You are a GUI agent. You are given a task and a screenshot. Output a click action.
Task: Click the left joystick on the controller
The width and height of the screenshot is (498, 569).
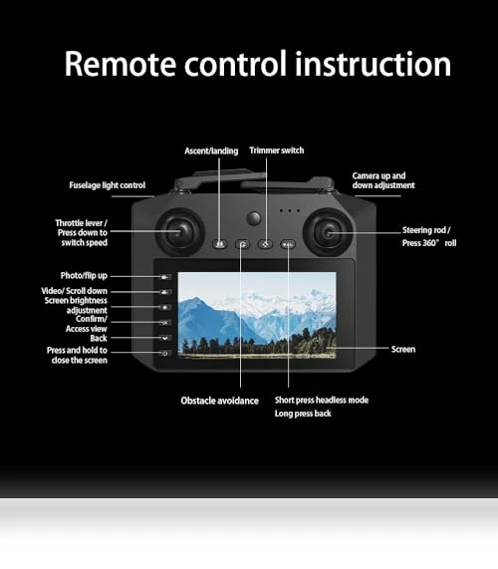pos(180,232)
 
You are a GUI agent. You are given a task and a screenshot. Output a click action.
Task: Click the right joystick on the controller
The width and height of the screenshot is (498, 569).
pos(329,232)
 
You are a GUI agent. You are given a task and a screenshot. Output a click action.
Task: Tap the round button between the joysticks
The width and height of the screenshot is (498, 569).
pos(254,218)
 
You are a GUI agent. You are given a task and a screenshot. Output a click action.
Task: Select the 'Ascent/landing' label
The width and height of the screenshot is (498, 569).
pos(211,150)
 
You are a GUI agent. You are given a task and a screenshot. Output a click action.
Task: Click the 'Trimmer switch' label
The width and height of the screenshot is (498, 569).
pos(277,150)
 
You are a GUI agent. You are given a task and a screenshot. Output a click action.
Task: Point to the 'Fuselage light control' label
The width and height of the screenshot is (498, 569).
pos(107,185)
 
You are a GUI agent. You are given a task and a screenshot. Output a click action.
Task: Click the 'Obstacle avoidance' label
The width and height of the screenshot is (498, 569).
pos(220,401)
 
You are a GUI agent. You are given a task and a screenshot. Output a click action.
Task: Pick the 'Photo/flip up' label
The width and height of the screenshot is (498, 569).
pos(84,276)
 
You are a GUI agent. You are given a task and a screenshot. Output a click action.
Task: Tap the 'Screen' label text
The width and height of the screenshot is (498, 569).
pos(403,349)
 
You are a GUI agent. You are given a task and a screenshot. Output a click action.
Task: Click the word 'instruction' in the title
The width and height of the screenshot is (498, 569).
pos(373,64)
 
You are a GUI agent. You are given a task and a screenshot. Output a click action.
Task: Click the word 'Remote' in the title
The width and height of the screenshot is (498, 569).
pos(121,64)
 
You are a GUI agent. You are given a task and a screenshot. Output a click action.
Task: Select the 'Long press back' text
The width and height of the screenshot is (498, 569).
pos(303,414)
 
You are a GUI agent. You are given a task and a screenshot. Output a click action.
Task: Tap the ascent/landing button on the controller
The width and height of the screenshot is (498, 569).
pos(219,244)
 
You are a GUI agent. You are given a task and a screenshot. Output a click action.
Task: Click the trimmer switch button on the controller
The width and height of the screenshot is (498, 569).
pos(266,244)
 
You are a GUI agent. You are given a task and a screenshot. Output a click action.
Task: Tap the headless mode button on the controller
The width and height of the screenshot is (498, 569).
pos(288,244)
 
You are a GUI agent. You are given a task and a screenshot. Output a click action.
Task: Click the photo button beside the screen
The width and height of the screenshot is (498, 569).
pos(165,277)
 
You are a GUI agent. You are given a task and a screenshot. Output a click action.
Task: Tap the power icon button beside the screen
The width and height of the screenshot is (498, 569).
pos(165,353)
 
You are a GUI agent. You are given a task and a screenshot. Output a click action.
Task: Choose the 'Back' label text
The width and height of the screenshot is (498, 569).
pos(99,338)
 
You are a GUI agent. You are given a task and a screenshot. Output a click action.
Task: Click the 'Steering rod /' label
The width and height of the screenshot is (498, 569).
pos(426,230)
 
